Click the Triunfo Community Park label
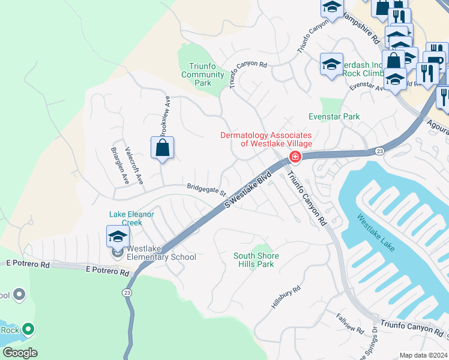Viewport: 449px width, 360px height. (x=202, y=74)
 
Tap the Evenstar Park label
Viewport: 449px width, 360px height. (x=334, y=116)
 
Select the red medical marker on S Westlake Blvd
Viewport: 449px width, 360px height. (x=295, y=157)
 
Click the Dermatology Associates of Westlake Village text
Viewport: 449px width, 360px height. (x=266, y=139)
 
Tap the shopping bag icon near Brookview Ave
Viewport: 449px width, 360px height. (x=163, y=148)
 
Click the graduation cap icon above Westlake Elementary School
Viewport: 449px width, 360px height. (x=118, y=236)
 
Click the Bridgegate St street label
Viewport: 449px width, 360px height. (x=206, y=190)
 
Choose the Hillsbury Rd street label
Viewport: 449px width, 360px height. (x=286, y=297)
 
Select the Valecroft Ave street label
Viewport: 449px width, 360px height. (x=133, y=165)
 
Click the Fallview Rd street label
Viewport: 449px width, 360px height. (x=350, y=323)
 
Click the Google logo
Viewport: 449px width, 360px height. (x=20, y=352)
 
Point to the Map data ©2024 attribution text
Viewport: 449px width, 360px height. (x=423, y=355)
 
